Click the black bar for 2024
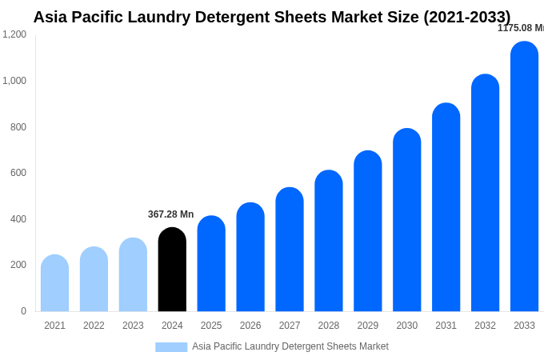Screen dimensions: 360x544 point(172,270)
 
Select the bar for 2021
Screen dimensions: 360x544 point(54,283)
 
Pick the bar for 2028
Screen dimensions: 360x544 point(328,241)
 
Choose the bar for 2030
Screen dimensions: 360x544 point(406,220)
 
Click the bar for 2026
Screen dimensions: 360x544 point(250,257)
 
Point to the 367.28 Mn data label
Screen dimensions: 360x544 point(170,214)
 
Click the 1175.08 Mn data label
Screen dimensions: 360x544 point(521,28)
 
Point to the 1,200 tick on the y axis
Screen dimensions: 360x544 point(14,34)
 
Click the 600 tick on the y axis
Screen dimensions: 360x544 point(18,173)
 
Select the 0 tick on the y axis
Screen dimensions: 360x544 point(23,311)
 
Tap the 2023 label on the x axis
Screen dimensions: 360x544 point(133,326)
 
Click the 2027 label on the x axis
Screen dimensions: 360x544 point(290,326)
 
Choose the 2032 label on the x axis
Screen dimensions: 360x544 point(485,326)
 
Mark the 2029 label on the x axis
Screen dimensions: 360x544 point(368,326)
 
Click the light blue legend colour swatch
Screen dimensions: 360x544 point(171,347)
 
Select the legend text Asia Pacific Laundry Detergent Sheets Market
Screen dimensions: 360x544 point(290,346)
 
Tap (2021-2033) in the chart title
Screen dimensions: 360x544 point(466,17)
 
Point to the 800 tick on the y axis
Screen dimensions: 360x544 point(18,127)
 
